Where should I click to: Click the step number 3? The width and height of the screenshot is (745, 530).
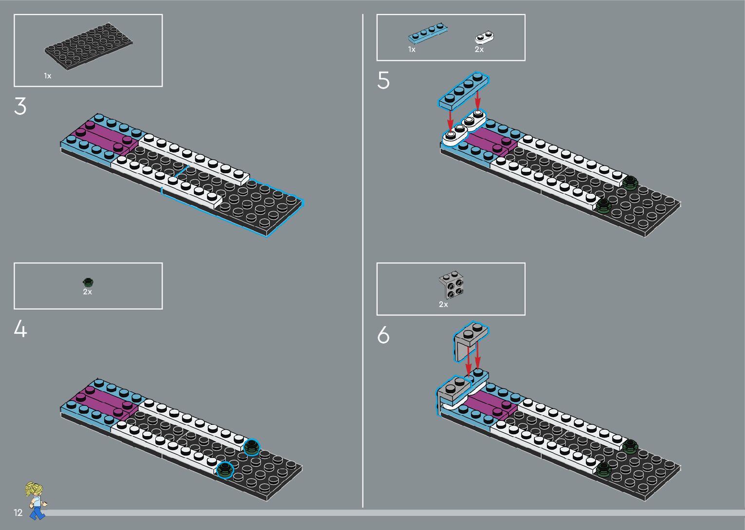[x=20, y=107]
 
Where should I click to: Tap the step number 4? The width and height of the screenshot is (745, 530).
[x=20, y=329]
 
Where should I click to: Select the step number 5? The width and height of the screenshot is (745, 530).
[x=383, y=81]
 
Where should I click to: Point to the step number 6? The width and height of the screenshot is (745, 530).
[x=383, y=336]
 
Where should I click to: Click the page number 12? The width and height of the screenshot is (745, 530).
[x=18, y=512]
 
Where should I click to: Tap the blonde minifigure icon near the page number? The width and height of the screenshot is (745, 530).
[x=36, y=500]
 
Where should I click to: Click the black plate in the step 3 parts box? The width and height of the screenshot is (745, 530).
[x=89, y=47]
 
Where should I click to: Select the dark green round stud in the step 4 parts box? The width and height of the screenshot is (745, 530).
[x=88, y=282]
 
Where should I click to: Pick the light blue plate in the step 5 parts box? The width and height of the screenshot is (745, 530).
[x=427, y=33]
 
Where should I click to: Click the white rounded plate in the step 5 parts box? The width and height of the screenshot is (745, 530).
[x=485, y=37]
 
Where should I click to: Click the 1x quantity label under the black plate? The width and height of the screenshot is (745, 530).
[x=48, y=76]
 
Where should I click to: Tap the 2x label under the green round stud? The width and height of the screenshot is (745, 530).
[x=88, y=292]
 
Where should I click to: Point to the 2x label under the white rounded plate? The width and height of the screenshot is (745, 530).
[x=479, y=50]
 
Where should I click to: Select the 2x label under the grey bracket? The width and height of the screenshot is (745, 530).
[x=443, y=304]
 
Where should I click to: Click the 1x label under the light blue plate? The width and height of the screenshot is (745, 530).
[x=412, y=50]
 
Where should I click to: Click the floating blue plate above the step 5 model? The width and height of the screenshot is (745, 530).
[x=463, y=90]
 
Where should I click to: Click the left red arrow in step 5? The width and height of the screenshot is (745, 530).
[x=451, y=118]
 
